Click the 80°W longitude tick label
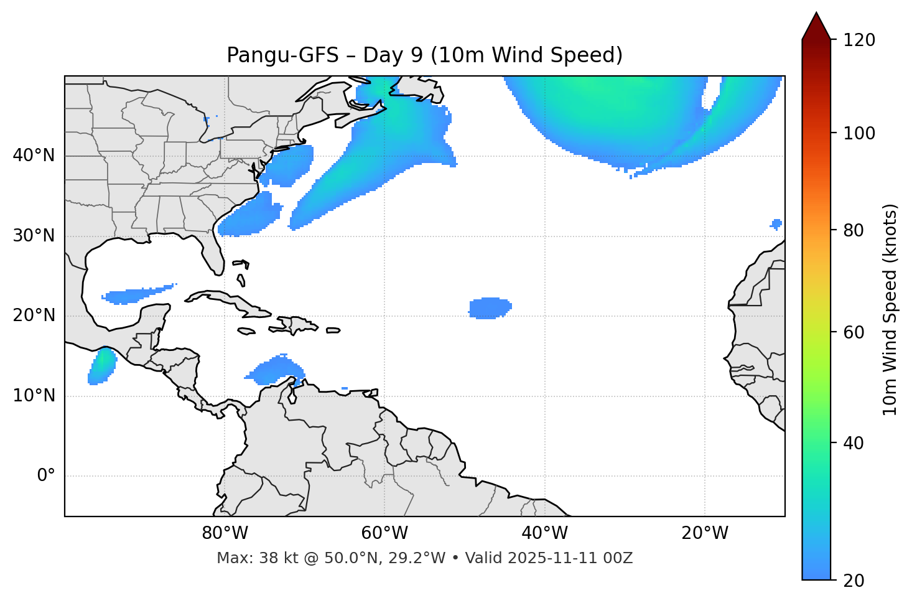(x=225, y=533)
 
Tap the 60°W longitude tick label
(x=384, y=533)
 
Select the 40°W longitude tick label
(x=544, y=533)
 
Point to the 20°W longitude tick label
(x=704, y=533)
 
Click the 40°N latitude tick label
(x=34, y=156)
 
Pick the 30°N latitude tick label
(x=34, y=236)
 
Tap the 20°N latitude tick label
(x=34, y=316)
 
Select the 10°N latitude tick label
(x=34, y=396)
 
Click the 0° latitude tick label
(x=46, y=476)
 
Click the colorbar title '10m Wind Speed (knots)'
(x=890, y=310)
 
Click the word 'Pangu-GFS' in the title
(x=282, y=55)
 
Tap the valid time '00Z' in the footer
(x=619, y=558)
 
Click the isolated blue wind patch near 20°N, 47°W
(x=490, y=308)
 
